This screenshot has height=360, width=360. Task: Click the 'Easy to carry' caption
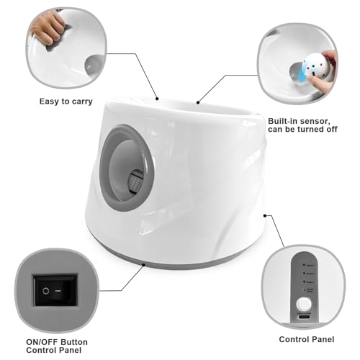point(66,102)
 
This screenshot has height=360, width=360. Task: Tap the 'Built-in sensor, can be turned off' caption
point(302,125)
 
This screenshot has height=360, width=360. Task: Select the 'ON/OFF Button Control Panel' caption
point(57,346)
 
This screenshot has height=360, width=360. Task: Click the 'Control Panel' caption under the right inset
point(307,339)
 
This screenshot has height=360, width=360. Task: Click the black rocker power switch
point(55,290)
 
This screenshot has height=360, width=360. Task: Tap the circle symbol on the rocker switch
point(45,291)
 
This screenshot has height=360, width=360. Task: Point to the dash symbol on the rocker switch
point(58,291)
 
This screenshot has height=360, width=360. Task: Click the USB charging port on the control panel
point(304,317)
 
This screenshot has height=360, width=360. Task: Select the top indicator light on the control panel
point(304,265)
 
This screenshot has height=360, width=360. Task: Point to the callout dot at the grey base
point(143,265)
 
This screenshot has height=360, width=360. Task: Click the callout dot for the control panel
point(265,216)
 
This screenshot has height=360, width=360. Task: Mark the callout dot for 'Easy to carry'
point(157,99)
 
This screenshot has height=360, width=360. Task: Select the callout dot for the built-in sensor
point(198,102)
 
